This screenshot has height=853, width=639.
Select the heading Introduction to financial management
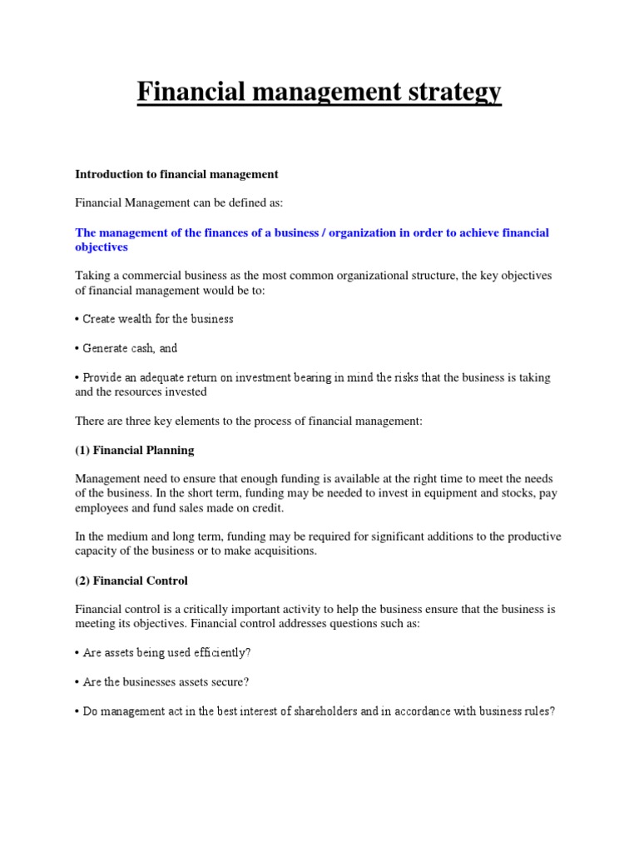tap(176, 174)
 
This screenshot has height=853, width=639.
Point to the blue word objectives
tap(102, 247)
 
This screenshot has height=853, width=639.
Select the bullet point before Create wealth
tap(77, 319)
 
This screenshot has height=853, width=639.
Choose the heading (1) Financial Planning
tap(135, 450)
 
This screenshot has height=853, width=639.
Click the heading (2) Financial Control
tap(131, 580)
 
